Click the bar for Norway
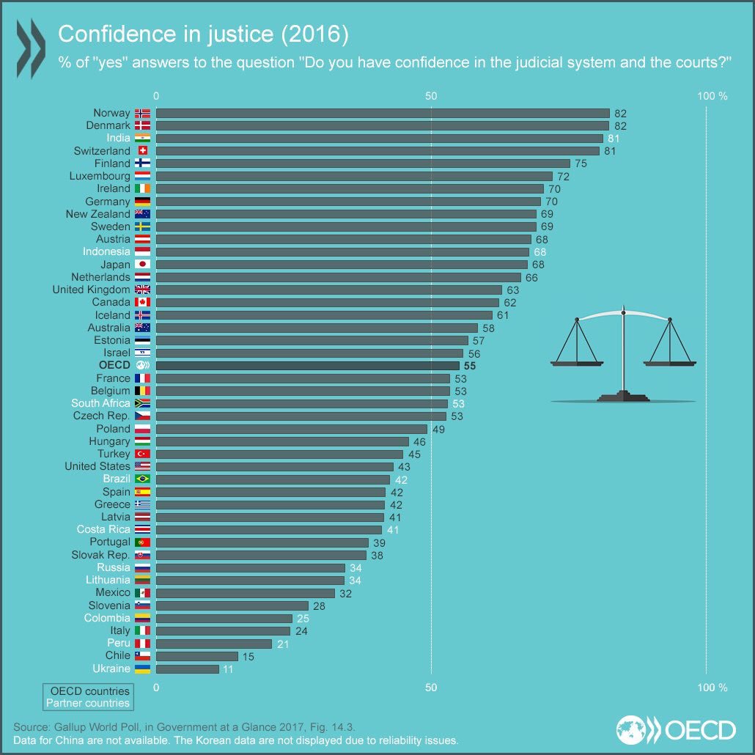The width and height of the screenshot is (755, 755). pyautogui.click(x=382, y=113)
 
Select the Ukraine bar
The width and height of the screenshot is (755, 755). pyautogui.click(x=187, y=669)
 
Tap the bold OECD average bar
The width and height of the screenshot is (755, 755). pyautogui.click(x=307, y=365)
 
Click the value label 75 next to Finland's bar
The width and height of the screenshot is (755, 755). pyautogui.click(x=581, y=163)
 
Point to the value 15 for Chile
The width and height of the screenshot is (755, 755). pyautogui.click(x=248, y=656)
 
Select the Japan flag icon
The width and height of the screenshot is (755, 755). pyautogui.click(x=142, y=265)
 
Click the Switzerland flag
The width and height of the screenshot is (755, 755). pyautogui.click(x=142, y=151)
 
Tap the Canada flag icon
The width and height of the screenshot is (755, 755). pyautogui.click(x=142, y=302)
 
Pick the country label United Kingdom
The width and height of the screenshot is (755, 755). pyautogui.click(x=92, y=290)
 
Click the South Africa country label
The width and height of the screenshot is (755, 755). pyautogui.click(x=100, y=403)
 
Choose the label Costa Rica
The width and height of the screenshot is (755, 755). pyautogui.click(x=103, y=529)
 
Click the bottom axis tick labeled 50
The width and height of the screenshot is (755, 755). pyautogui.click(x=431, y=688)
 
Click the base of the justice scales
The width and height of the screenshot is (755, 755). pyautogui.click(x=623, y=397)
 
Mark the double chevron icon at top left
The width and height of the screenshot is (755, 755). pyautogui.click(x=31, y=48)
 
